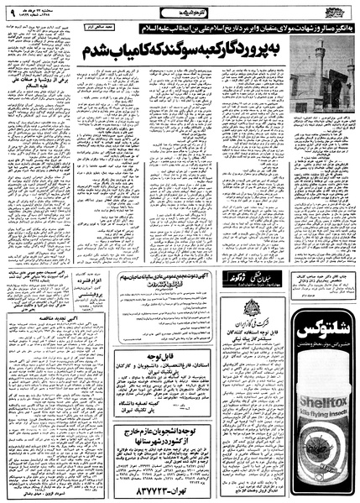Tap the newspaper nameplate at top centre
(x=180, y=11)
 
